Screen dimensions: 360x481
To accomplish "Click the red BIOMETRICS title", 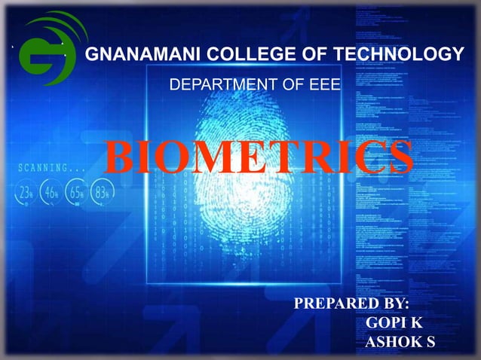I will [x=259, y=157].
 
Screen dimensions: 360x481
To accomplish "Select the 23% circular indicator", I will [x=26, y=191].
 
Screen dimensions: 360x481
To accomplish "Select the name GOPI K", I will [x=394, y=323].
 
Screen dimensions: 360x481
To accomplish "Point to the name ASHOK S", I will [x=400, y=343].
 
